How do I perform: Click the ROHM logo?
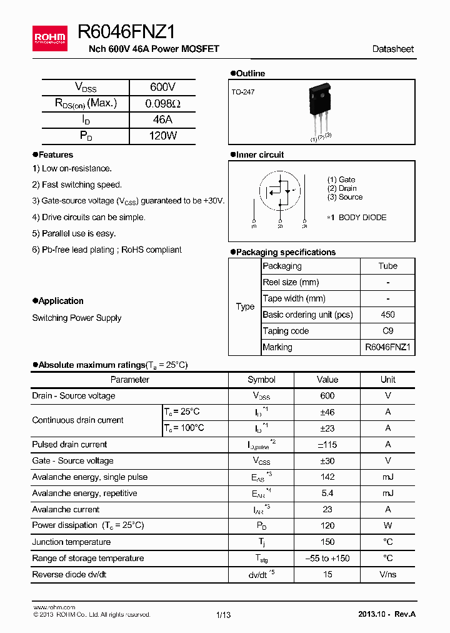[49, 38]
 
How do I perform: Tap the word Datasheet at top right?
[392, 49]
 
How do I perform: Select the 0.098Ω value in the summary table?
[162, 104]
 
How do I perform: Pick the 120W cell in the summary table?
[162, 136]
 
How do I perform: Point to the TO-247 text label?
[243, 91]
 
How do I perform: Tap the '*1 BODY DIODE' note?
[356, 218]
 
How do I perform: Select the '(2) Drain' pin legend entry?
[342, 188]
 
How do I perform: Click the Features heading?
[55, 154]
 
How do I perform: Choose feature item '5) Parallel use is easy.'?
[74, 233]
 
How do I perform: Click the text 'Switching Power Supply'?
[77, 318]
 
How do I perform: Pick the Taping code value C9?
[387, 331]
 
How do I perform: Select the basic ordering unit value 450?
[387, 315]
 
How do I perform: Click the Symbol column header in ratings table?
[261, 380]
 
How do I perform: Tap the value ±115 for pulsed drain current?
[326, 445]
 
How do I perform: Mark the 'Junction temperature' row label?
[71, 542]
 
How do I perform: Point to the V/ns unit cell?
[387, 574]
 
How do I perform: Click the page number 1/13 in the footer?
[224, 615]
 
